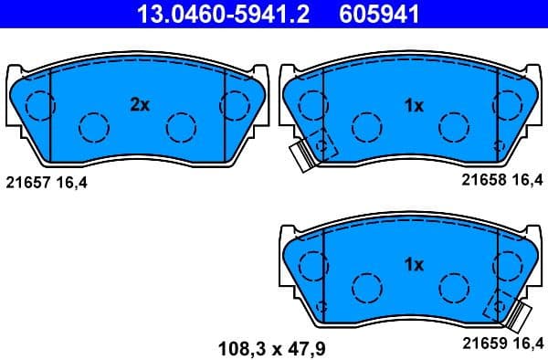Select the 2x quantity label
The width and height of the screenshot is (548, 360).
pos(139,105)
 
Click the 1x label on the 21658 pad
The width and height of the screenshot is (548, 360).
pos(414,105)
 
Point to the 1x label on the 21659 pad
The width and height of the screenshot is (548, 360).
pos(414,265)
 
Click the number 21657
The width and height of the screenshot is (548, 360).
pos(27,182)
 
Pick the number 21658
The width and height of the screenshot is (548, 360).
pos(481,182)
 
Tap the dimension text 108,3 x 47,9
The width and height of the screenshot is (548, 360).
pos(273,346)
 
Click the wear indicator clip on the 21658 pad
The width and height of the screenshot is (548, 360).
pos(300,156)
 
